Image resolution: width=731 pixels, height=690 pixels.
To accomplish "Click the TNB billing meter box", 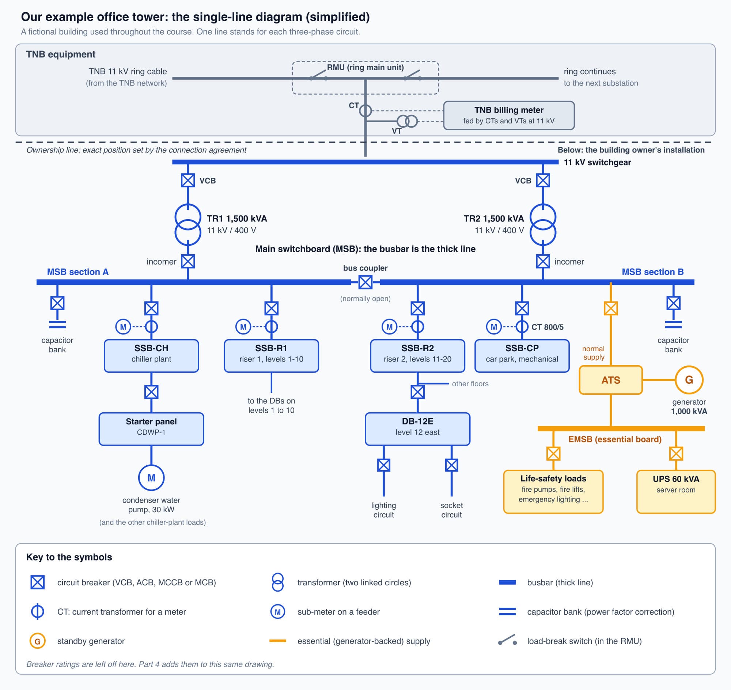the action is point(508,116).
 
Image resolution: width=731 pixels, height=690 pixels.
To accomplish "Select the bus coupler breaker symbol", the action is point(365,282).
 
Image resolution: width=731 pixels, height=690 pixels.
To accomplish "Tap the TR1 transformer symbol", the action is point(188,225).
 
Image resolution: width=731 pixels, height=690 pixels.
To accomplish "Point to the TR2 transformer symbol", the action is point(543,225).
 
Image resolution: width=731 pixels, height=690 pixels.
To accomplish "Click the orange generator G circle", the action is point(689,380).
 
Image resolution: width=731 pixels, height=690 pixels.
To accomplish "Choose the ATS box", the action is point(611,380).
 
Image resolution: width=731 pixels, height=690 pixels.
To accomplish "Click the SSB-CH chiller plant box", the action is point(151,356).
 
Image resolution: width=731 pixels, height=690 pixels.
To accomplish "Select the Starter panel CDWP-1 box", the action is point(151,429).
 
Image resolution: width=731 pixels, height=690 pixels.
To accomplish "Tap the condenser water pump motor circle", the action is point(151,478).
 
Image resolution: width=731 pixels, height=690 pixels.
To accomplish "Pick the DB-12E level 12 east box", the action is point(417,429).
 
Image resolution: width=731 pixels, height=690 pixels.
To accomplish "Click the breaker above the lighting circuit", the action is point(383,465).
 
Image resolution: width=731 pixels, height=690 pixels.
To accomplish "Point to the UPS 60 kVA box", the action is point(676,492).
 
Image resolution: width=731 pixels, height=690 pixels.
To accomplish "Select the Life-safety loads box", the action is point(553,492).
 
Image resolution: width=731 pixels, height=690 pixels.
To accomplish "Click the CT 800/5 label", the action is point(547,327).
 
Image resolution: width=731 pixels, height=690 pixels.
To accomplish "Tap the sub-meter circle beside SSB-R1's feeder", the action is point(243,326).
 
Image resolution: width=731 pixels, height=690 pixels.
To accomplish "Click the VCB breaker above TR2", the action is point(543,180).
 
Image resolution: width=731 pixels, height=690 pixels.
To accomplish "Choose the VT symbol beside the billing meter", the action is point(407,121).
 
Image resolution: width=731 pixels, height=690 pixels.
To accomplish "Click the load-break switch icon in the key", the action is point(507,640).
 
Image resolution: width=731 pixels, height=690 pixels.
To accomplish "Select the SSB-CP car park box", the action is point(522,356).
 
